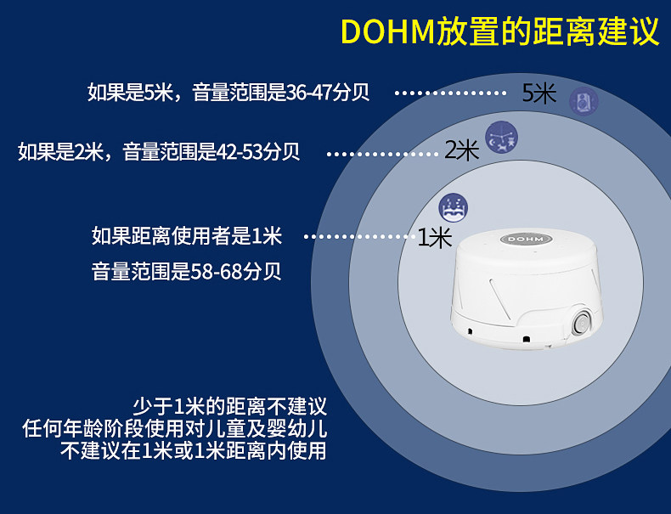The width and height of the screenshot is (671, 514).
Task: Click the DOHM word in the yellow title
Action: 387,31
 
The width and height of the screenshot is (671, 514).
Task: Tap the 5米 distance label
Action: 539,93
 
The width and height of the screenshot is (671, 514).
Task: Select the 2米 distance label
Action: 462,151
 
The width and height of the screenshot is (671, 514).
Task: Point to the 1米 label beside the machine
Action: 435,237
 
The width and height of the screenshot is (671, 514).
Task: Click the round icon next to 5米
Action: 583,101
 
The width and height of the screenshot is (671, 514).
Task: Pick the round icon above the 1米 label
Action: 453,207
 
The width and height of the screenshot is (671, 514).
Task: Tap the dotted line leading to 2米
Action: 382,154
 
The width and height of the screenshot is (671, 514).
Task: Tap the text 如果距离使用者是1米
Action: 187,235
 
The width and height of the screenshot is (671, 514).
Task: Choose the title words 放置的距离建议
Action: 547,31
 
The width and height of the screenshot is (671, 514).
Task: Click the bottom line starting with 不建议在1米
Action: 194,450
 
